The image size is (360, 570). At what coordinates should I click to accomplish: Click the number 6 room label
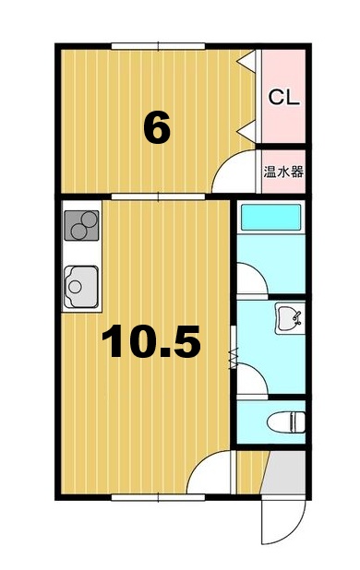coord(157,128)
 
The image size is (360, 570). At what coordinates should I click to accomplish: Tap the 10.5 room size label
coord(150,342)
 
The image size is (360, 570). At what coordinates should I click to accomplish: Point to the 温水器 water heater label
coord(283,171)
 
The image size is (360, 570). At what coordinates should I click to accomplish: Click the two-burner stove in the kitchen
coord(81,225)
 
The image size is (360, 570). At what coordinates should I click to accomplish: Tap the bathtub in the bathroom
coord(270,219)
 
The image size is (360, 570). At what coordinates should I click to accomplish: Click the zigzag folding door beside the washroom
coord(233,356)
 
